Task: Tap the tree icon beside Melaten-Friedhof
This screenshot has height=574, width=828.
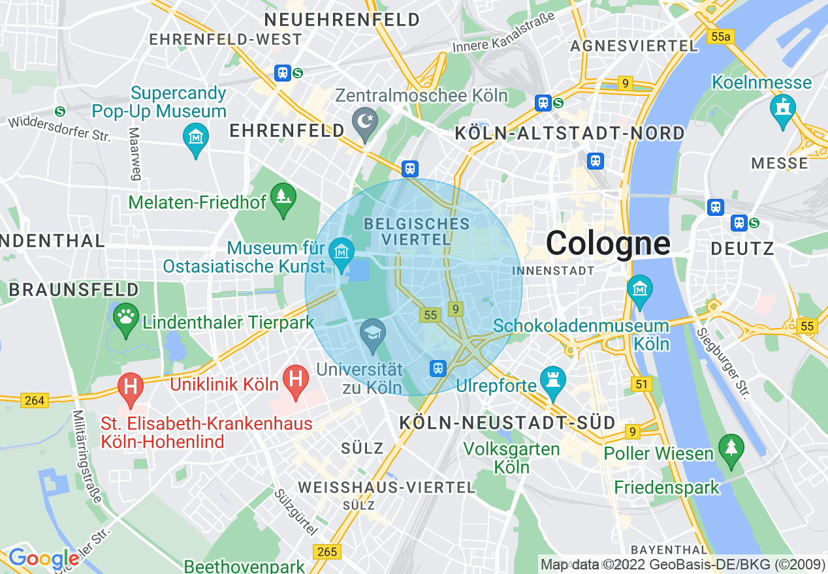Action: [283, 196]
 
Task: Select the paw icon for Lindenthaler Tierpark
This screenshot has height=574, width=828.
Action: [126, 317]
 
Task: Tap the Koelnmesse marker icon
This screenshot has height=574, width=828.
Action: [782, 107]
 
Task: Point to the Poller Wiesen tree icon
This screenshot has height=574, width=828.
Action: [731, 448]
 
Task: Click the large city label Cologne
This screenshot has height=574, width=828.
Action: [607, 243]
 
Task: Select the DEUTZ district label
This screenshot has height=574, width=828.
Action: [742, 248]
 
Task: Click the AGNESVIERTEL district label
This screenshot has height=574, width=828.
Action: [634, 46]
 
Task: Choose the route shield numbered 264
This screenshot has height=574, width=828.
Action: [34, 400]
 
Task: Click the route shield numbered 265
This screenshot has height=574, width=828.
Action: [326, 552]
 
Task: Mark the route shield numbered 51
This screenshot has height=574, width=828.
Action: [642, 384]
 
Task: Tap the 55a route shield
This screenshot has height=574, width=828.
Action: [720, 37]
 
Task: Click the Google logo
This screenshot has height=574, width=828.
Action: [43, 558]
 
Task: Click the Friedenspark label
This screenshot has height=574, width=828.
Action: [666, 487]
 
